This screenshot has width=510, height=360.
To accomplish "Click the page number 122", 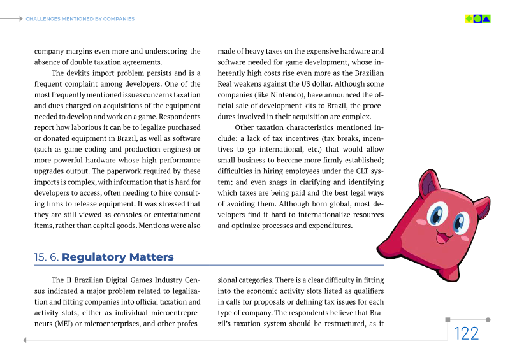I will [466, 334].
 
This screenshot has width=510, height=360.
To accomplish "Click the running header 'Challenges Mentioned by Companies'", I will [80, 19].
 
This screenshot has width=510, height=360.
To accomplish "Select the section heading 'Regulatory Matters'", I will [118, 257].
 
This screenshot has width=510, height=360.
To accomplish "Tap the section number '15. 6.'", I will [47, 257].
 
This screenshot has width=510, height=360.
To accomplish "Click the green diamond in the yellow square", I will [469, 19].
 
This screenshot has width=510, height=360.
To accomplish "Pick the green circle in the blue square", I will [477, 19].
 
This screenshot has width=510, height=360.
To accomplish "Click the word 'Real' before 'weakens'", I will [226, 84].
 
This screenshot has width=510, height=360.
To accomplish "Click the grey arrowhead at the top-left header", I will [21, 19].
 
